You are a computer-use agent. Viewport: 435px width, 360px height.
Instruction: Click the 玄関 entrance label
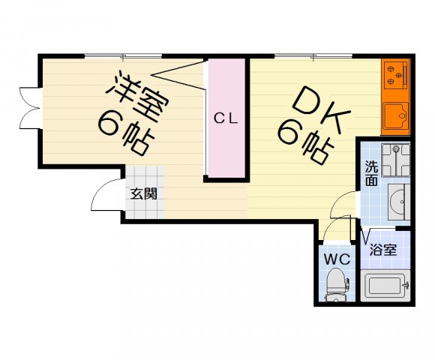pos(143,193)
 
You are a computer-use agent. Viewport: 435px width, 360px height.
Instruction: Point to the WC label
pos(337,259)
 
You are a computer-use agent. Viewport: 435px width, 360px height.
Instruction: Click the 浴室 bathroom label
pos(383,250)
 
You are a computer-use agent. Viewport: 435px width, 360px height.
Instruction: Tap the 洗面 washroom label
pos(371,173)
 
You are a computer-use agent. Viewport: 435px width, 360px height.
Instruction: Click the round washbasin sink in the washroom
pos(397,200)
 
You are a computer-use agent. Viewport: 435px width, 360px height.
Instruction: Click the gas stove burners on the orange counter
pos(394,74)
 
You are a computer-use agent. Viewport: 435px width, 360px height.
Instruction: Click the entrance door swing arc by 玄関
pos(103,196)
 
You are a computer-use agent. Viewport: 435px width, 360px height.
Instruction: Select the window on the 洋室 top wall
pos(123,55)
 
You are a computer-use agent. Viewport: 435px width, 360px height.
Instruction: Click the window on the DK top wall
pos(313,55)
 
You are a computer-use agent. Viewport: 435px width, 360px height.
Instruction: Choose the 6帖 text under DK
pos(305,142)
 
